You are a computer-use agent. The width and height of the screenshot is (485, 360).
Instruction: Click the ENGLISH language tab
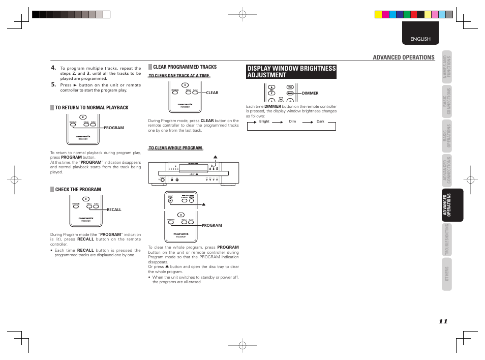420,39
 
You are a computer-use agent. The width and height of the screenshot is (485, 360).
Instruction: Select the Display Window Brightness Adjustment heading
291,72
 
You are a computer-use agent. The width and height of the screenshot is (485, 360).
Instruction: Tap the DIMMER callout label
310,94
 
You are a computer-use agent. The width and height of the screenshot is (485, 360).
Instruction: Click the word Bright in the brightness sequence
264,122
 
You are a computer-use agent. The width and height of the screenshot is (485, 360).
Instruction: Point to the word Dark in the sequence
320,122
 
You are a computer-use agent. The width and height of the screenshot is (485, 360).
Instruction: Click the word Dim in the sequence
292,122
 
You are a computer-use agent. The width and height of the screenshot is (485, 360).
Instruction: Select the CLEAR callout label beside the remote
212,93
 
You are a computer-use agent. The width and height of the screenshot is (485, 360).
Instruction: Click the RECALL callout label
114,209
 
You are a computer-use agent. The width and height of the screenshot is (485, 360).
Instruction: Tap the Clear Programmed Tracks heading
185,67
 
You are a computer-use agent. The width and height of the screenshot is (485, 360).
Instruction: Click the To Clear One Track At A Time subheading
179,76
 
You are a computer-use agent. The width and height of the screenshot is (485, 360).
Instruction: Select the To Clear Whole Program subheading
175,148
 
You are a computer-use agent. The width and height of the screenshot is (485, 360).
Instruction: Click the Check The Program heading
78,190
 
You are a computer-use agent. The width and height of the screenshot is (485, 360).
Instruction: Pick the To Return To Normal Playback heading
92,108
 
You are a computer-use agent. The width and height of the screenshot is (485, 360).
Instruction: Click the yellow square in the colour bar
378,14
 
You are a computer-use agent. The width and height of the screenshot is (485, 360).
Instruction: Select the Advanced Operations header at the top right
404,57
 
